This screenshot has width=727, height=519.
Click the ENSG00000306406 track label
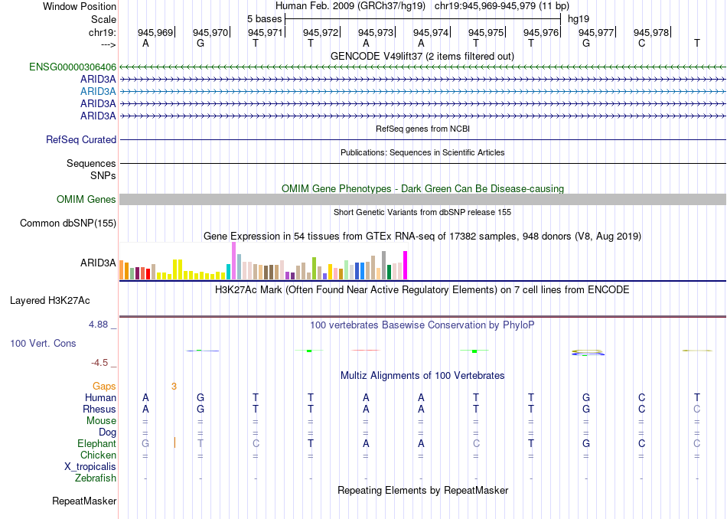tap(73, 67)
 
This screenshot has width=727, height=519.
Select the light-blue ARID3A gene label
tap(98, 91)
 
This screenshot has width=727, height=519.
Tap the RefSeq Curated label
tap(81, 140)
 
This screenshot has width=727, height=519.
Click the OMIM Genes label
tap(86, 200)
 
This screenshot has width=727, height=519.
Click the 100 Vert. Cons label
tap(43, 344)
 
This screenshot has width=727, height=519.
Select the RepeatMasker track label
tap(84, 501)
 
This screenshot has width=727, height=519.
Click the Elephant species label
tap(96, 444)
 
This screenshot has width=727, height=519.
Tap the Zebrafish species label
tap(96, 478)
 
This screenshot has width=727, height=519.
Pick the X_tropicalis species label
tap(90, 467)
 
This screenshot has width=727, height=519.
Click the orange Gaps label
tap(104, 387)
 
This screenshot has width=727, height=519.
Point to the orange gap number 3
tap(174, 387)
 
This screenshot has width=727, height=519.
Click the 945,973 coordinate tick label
tap(376, 32)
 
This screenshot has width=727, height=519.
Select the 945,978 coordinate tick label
tap(651, 32)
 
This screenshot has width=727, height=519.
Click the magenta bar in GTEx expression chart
tap(406, 266)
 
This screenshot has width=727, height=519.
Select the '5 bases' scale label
tap(264, 18)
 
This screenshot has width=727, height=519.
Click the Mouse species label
tap(101, 421)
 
